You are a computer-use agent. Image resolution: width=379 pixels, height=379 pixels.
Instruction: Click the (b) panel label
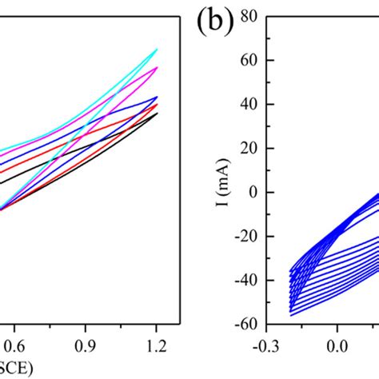coord(213,22)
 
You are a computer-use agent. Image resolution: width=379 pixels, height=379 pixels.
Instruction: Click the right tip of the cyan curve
coord(158,49)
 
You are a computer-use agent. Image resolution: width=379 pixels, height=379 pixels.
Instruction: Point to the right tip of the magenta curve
coord(158,67)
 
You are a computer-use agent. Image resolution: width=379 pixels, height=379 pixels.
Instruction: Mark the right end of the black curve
coord(158,113)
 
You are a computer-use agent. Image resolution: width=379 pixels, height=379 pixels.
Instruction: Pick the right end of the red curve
coord(158,104)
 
